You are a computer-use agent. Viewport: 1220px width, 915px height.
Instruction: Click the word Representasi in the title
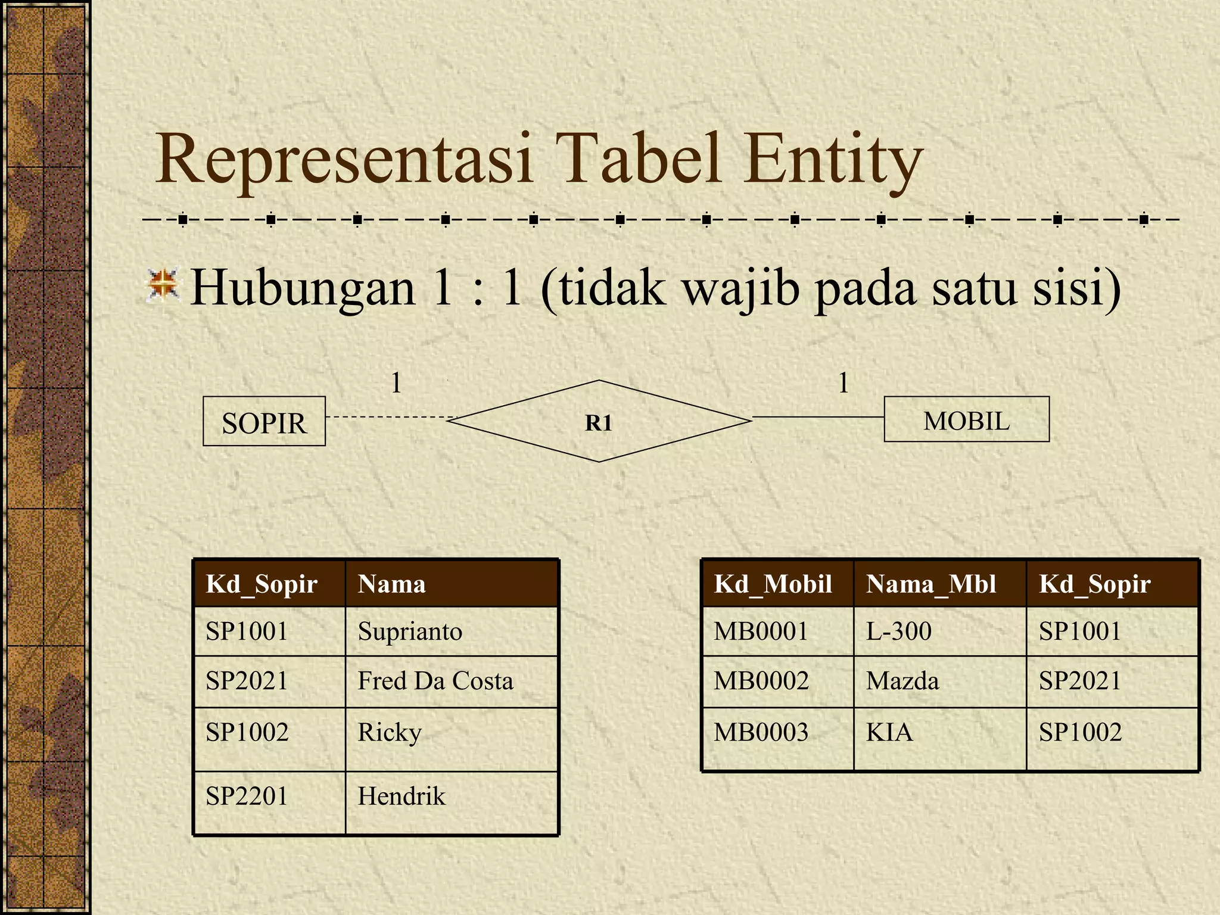click(x=344, y=160)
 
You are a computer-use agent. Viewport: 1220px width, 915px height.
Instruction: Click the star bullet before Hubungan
click(x=163, y=284)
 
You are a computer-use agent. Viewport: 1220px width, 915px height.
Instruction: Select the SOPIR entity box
click(x=264, y=422)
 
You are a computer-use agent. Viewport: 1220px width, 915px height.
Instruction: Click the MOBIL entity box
click(x=966, y=420)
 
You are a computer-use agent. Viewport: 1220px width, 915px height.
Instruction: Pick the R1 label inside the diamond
click(x=599, y=423)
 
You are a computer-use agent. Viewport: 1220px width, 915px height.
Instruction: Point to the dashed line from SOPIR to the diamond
click(x=387, y=417)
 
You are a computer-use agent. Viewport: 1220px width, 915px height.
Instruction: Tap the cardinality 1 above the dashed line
click(x=396, y=382)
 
